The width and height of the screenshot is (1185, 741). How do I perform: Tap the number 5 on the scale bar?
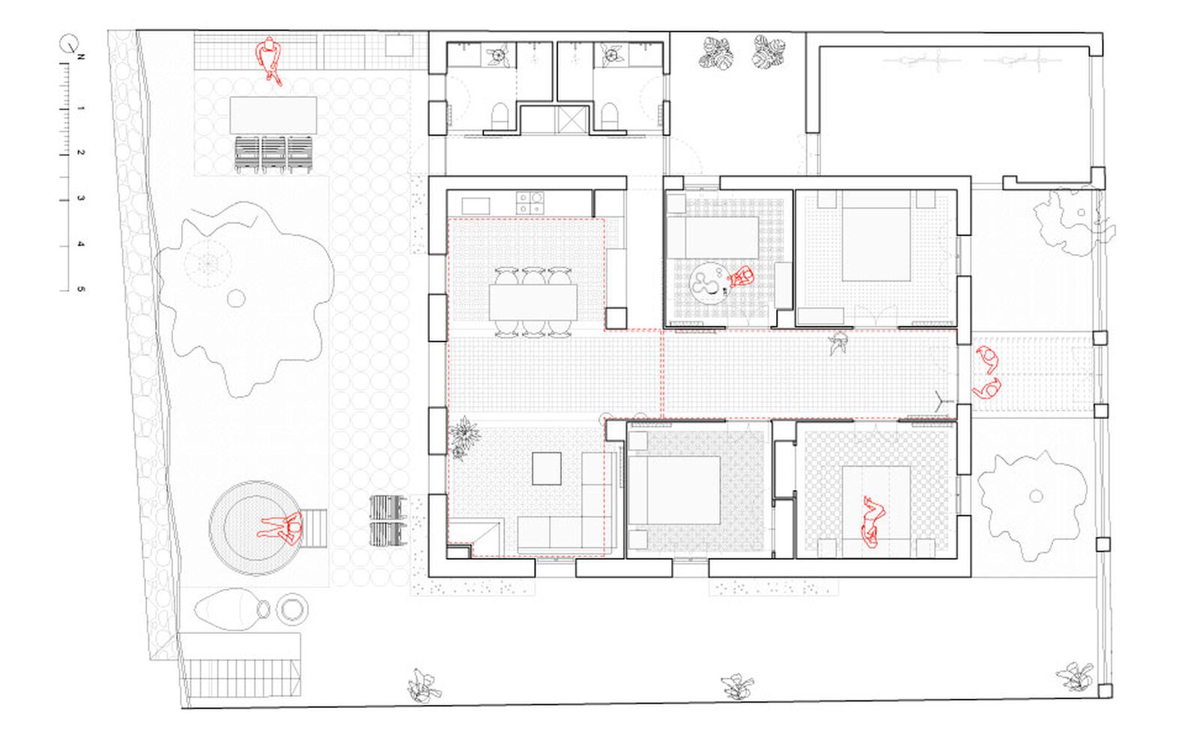(x=81, y=289)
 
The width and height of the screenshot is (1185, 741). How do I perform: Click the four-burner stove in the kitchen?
(x=530, y=202)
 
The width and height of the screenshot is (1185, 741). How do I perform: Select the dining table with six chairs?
(x=533, y=302)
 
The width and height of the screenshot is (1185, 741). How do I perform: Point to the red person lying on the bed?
(x=872, y=521)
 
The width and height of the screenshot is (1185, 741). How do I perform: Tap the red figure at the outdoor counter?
(x=268, y=60)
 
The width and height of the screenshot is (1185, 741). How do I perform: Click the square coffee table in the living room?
(x=547, y=468)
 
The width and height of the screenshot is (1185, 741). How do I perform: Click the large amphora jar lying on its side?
(x=231, y=608)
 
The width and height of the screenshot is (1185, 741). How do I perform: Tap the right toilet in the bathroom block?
(x=610, y=116)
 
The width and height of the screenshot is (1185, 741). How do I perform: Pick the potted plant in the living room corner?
(x=465, y=436)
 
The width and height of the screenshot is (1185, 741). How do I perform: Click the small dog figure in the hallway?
(x=839, y=344)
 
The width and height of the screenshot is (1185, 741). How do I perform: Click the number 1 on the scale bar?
(x=81, y=109)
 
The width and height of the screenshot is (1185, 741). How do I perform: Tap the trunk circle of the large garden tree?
(x=236, y=298)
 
